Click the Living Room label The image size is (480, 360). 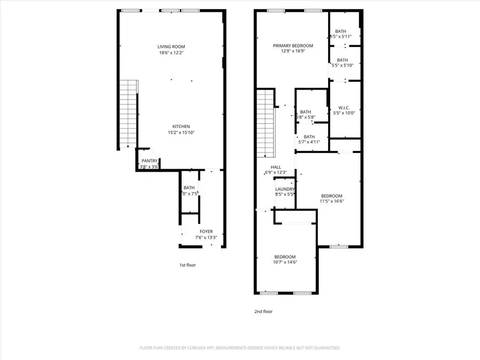171,46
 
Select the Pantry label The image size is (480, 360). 149,161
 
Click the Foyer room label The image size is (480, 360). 206,231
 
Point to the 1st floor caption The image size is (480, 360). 187,265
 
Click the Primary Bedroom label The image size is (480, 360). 293,46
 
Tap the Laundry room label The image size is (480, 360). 285,189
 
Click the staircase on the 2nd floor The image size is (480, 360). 265,123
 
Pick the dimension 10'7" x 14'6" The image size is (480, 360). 285,262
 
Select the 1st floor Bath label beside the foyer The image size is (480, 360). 189,188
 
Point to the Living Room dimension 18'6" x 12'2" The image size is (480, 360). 171,53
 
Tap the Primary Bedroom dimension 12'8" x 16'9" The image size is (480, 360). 293,52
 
